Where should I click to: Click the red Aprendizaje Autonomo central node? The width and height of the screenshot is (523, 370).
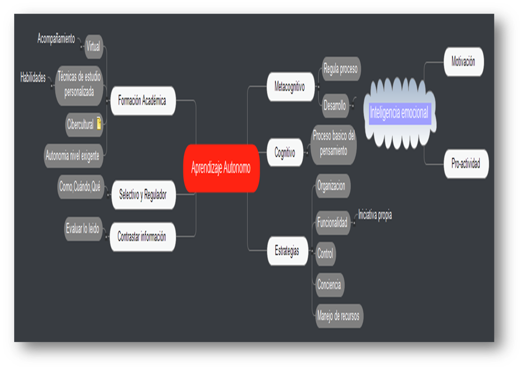coord(221,168)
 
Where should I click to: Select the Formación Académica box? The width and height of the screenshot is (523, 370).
coord(142,101)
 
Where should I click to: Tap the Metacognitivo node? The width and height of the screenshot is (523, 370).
coord(290,87)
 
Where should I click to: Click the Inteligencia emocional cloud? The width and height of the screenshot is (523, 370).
coord(399,113)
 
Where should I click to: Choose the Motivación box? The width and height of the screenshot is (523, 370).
coord(463,62)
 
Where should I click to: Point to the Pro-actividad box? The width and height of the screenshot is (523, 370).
coord(466,164)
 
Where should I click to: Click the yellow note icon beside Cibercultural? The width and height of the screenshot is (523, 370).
coord(99,123)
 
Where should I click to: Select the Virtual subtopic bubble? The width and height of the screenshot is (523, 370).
coord(93,46)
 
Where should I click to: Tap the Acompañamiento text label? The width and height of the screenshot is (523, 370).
coord(56,39)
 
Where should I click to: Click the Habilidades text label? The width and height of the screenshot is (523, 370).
coord(33,77)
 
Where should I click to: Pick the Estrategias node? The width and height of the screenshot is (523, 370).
coord(287,251)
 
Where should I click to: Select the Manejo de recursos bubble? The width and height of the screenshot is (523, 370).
coord(338,316)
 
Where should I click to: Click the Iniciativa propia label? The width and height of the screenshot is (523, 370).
coord(375,215)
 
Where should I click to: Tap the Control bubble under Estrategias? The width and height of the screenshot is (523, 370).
coord(325,254)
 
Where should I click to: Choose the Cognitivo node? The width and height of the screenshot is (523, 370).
coord(285,153)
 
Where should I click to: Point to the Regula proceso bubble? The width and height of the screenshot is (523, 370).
coord(340,69)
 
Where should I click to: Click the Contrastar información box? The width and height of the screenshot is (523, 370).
coord(142,237)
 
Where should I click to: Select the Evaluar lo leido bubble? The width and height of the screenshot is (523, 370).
coord(83,229)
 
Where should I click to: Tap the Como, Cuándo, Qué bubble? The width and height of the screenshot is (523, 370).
coord(80,187)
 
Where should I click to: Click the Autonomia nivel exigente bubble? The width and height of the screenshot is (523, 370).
coord(73,156)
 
